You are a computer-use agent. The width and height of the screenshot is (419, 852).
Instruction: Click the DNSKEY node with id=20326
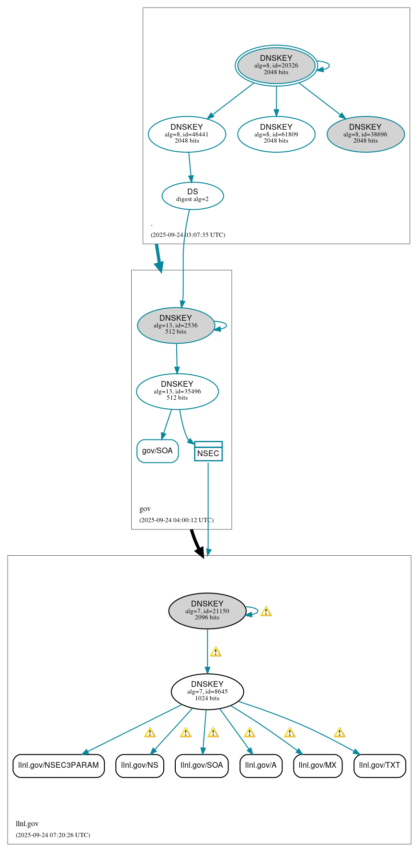[276, 65]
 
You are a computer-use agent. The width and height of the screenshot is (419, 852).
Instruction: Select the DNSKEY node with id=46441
[187, 134]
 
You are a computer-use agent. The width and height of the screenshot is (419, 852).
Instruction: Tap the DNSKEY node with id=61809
[276, 134]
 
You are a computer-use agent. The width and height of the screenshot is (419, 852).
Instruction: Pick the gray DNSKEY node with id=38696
[365, 134]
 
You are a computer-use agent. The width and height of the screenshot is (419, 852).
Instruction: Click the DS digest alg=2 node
[193, 195]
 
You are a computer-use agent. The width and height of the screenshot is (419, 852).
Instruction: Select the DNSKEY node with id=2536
[176, 325]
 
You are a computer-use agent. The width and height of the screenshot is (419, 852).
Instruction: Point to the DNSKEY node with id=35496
[177, 391]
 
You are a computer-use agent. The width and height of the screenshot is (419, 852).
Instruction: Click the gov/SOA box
[158, 451]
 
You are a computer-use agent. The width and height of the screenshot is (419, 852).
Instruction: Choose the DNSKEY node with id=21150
[207, 611]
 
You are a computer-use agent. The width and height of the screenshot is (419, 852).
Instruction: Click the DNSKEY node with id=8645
[207, 691]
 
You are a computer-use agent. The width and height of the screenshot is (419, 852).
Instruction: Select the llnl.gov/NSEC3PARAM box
[58, 765]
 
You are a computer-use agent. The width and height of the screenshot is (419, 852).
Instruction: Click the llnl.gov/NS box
[140, 765]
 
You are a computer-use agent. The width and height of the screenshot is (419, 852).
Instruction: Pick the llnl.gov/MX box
[317, 765]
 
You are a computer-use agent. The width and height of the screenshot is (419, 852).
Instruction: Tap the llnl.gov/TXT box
[380, 765]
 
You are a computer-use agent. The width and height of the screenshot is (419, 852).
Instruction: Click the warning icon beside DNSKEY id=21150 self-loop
[266, 611]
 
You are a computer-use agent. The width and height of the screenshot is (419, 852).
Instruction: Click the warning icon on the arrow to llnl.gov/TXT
[340, 732]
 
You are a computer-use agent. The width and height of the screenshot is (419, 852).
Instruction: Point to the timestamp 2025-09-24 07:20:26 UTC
[53, 835]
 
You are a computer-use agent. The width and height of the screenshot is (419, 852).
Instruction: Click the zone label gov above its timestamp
[145, 509]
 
